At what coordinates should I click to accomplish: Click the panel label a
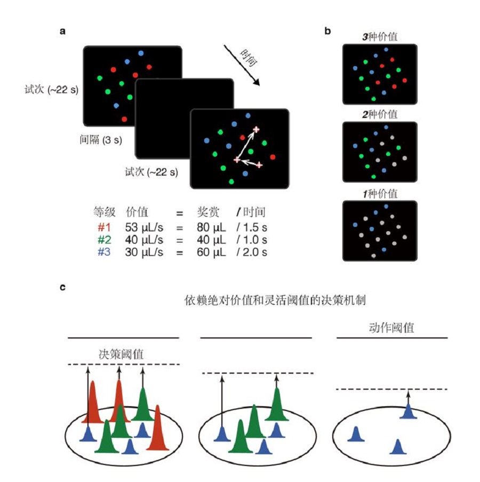[62, 31]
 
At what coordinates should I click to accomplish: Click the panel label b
[327, 31]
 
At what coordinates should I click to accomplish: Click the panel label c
[62, 288]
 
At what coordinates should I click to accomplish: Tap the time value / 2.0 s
[252, 250]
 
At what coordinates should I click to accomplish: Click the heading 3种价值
[380, 37]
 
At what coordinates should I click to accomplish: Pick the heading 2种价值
[380, 115]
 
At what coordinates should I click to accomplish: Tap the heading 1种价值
[380, 193]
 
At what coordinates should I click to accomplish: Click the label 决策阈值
[121, 353]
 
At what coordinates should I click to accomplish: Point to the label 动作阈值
[392, 327]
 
